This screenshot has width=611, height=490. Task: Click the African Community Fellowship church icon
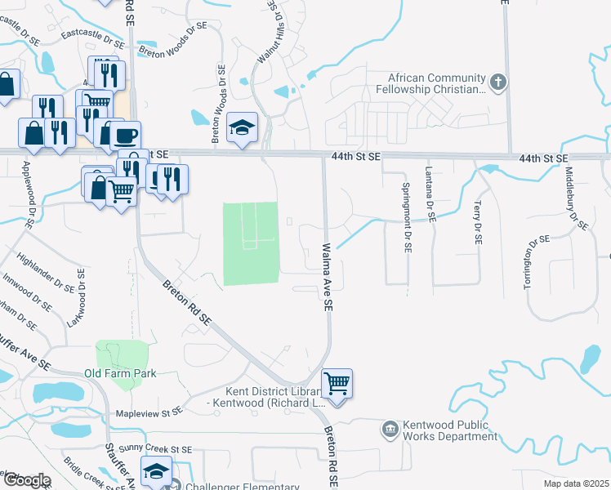[x=498, y=82]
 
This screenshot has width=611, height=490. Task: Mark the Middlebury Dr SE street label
[x=577, y=199]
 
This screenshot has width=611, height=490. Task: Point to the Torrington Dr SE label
[x=528, y=261]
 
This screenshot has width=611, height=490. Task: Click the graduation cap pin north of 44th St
[x=242, y=127]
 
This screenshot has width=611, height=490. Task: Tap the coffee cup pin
[x=126, y=135]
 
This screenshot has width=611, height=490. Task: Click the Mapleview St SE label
[x=147, y=414]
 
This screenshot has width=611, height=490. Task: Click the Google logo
[x=26, y=480]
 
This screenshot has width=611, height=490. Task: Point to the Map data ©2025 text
[x=575, y=483]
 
